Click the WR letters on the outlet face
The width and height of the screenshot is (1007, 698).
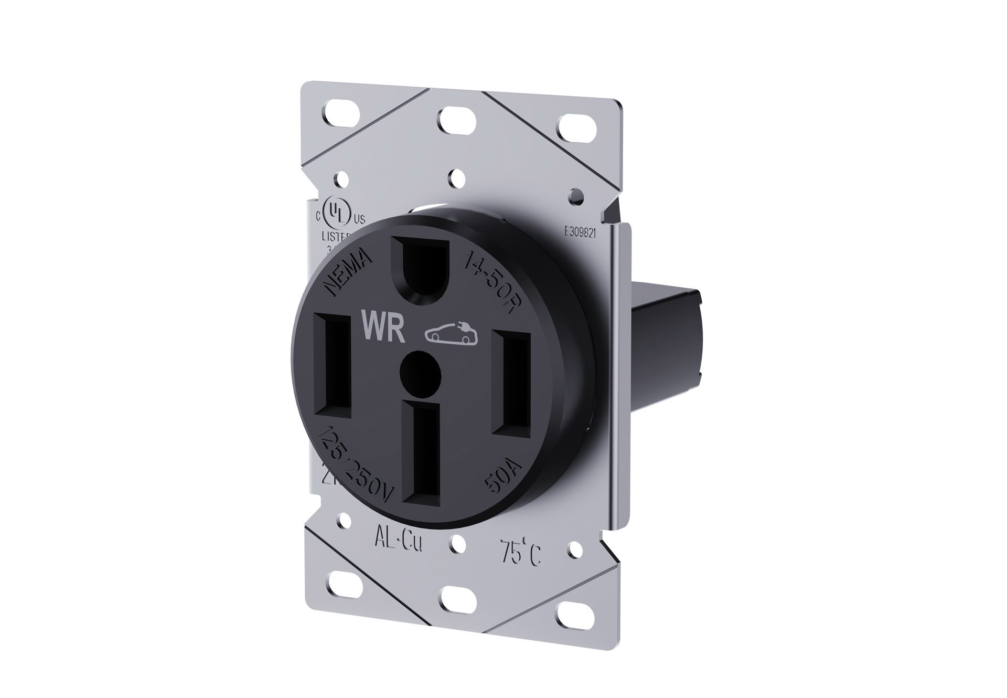pyautogui.click(x=383, y=328)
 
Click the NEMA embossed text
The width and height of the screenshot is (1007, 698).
pyautogui.click(x=349, y=271)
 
